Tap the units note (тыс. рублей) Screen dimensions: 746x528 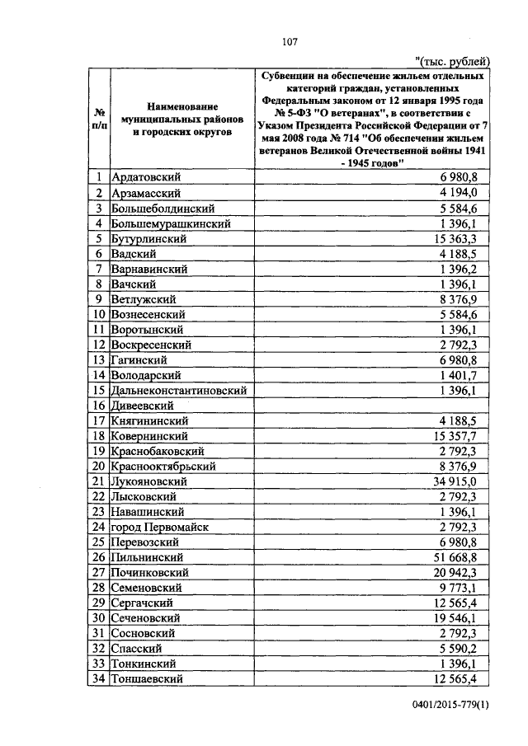[x=455, y=62]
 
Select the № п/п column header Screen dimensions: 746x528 [x=99, y=120]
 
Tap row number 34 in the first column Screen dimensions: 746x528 [x=98, y=678]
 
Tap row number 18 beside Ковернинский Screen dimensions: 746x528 [x=98, y=436]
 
